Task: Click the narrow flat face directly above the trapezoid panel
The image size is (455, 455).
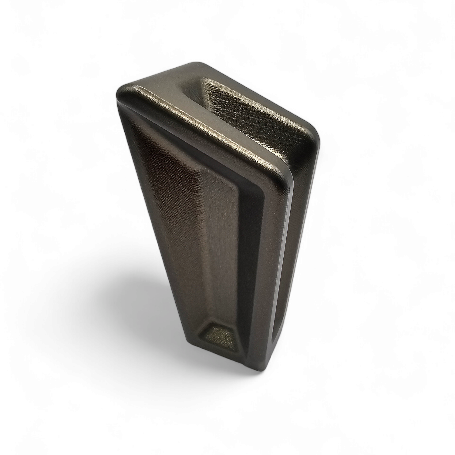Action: [218, 273]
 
